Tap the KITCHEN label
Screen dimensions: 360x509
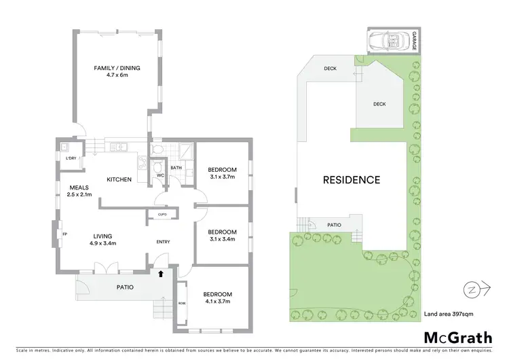pyautogui.click(x=119, y=179)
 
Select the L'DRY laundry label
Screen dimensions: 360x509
pyautogui.click(x=71, y=159)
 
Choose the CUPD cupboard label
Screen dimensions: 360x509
pyautogui.click(x=162, y=215)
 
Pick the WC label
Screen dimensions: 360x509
pyautogui.click(x=160, y=175)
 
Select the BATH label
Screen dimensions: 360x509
pyautogui.click(x=176, y=167)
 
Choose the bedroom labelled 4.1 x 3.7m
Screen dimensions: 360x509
pyautogui.click(x=218, y=297)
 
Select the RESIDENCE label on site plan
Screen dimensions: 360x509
pyautogui.click(x=351, y=180)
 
